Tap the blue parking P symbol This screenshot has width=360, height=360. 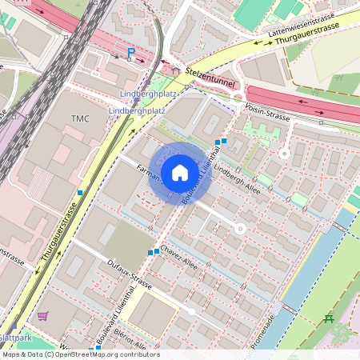pyautogui.click(x=131, y=54)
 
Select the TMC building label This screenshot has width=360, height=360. pyautogui.click(x=80, y=118)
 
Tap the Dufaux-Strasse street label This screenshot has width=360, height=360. pyautogui.click(x=129, y=278)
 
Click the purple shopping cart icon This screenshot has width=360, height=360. pyautogui.click(x=42, y=317)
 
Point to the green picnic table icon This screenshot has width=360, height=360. pyautogui.click(x=329, y=319)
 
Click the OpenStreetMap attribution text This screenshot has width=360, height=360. pyautogui.click(x=80, y=354)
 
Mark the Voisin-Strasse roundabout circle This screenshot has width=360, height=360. pyautogui.click(x=237, y=98)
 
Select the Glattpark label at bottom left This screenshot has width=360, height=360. pyautogui.click(x=16, y=337)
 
